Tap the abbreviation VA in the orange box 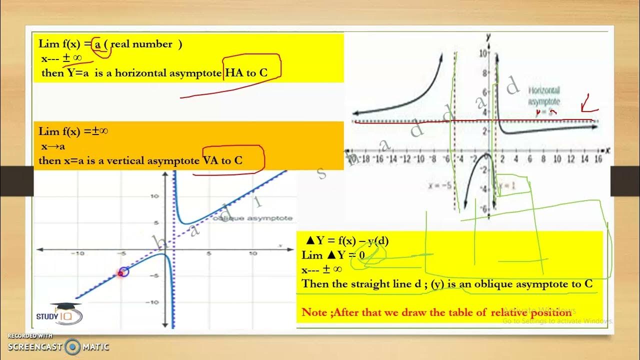210,160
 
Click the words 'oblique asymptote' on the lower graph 252,218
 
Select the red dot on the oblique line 120,273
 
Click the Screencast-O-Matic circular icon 73,346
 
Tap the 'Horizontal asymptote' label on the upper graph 544,96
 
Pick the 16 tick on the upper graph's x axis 597,159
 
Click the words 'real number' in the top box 141,44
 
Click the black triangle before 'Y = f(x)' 310,241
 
